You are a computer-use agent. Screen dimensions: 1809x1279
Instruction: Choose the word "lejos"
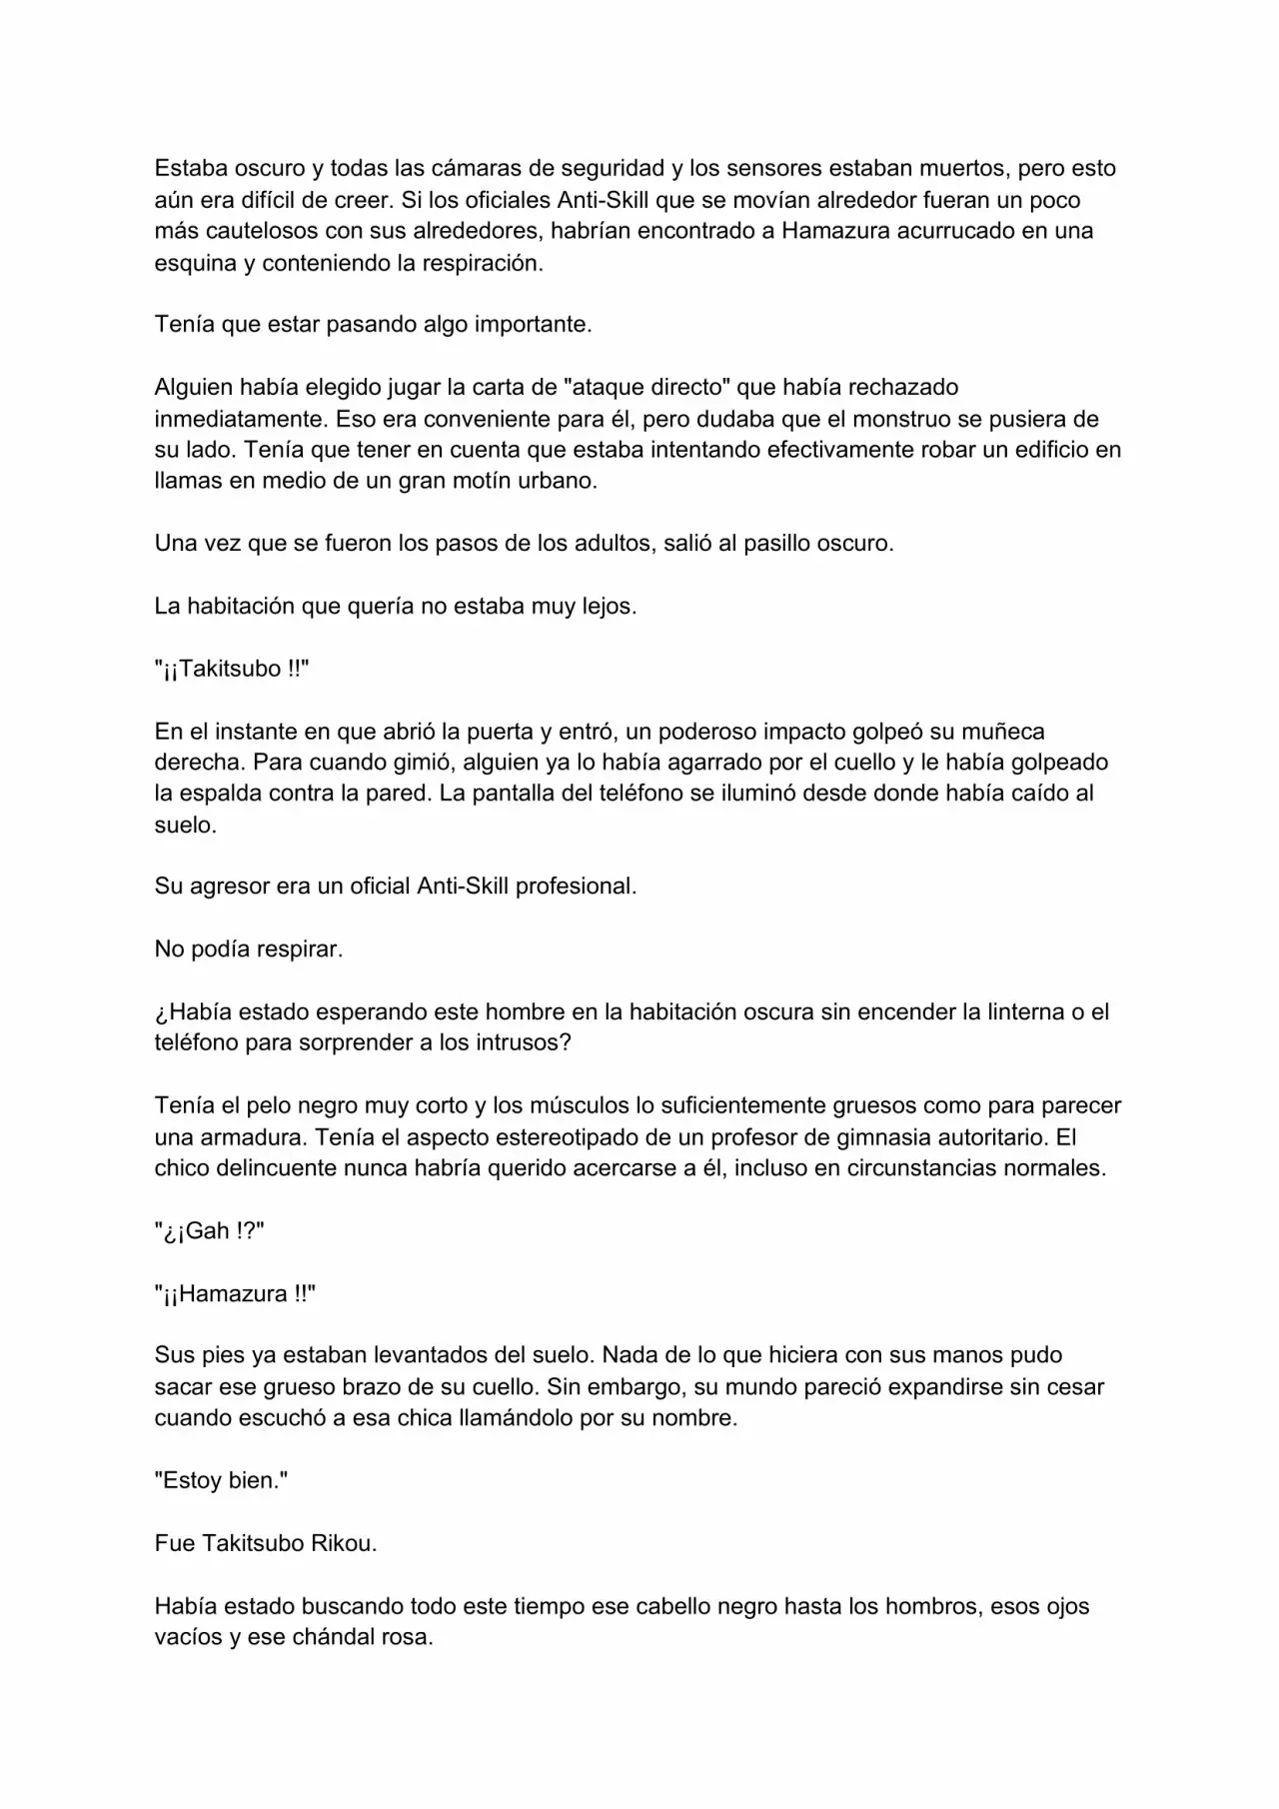coord(609,607)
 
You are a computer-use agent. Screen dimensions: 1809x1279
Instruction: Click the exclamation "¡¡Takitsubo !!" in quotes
coord(232,670)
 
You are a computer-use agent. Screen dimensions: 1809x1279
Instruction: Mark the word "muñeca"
coord(988,732)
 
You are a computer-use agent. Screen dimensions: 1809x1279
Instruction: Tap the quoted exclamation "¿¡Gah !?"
coord(209,1231)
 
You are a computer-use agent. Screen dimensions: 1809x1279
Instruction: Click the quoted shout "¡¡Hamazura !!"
coord(235,1294)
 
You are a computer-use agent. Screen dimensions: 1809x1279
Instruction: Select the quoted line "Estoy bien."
coord(221,1481)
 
